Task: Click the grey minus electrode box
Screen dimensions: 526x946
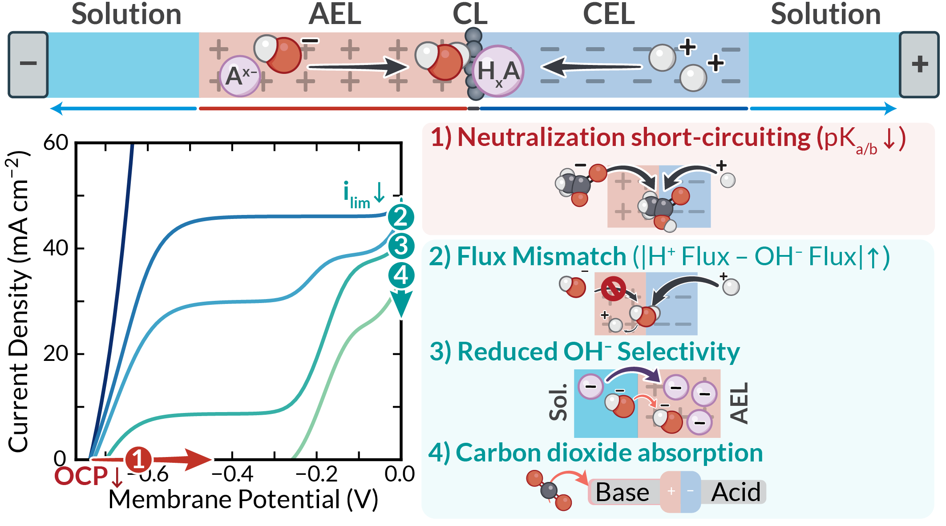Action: (x=28, y=64)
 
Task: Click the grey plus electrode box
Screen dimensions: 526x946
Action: (x=919, y=64)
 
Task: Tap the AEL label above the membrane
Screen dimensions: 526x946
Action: (x=335, y=14)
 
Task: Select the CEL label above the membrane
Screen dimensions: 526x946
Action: (x=608, y=14)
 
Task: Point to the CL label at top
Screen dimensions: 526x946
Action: (x=470, y=14)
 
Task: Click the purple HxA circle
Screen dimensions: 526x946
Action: (x=498, y=71)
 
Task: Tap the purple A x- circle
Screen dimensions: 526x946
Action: (x=240, y=76)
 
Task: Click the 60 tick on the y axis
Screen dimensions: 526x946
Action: (x=56, y=143)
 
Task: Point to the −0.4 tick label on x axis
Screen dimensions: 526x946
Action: (x=232, y=474)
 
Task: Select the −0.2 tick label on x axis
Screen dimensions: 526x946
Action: (x=316, y=474)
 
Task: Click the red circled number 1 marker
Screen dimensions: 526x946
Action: (x=138, y=459)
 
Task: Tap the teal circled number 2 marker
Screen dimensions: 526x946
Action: (x=401, y=217)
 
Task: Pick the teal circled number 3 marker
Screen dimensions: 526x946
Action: (x=401, y=246)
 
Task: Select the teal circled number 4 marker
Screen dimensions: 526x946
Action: (x=401, y=275)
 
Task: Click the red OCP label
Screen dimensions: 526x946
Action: (x=81, y=476)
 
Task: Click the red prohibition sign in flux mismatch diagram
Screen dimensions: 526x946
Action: (x=613, y=289)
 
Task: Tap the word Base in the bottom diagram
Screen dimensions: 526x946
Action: (x=622, y=492)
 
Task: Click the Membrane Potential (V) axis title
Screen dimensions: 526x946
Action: (x=243, y=499)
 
